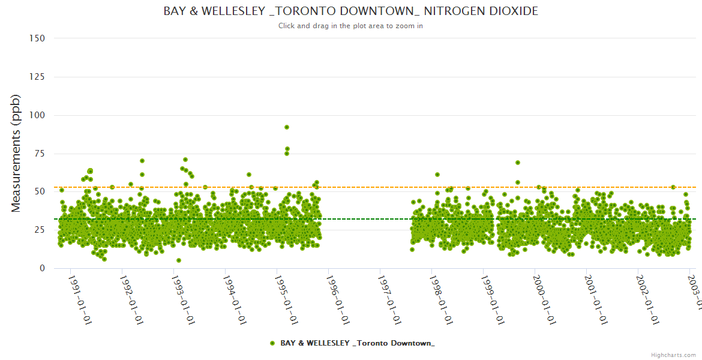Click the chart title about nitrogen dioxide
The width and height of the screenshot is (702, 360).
pos(350,11)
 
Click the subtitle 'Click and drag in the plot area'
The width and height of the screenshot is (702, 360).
pos(350,26)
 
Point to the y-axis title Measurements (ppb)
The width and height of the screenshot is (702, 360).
pos(16,153)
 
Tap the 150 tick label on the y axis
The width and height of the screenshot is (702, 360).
pos(37,38)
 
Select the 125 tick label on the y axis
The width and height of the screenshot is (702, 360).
pos(37,77)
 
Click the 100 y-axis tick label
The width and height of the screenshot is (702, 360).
pos(37,115)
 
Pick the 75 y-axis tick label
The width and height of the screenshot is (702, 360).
pos(39,154)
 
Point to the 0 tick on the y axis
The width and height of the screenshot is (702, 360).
pos(42,268)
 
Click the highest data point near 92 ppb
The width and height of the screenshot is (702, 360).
pos(287,127)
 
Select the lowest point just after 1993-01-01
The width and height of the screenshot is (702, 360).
pos(179,260)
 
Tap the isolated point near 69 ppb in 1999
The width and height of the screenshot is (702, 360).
pos(518,163)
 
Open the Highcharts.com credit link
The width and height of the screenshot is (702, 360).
pos(673,355)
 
